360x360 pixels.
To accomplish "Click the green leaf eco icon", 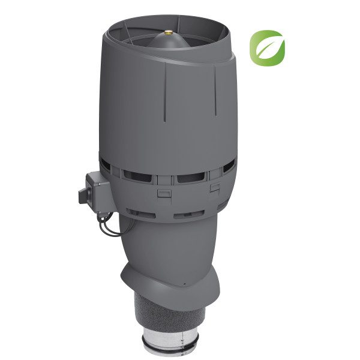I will tap(267, 47).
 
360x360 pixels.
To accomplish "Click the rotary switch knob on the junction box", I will tap(82, 195).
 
